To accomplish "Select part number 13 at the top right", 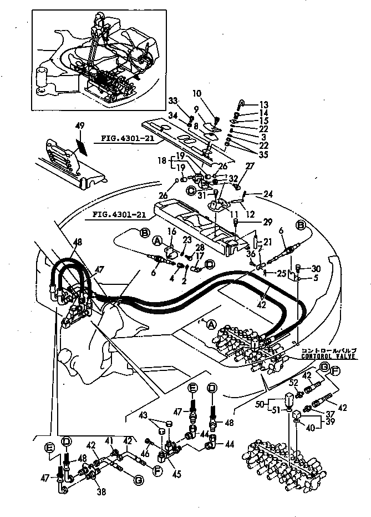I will pyautogui.click(x=263, y=104).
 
